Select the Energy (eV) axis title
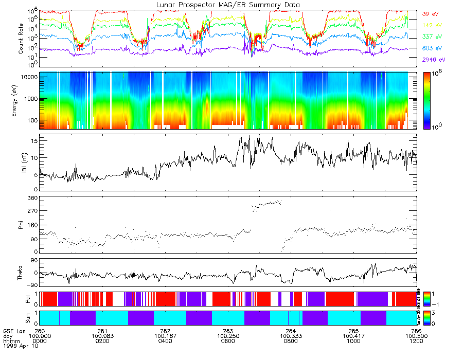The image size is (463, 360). click(x=21, y=100)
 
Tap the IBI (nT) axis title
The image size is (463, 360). click(x=21, y=161)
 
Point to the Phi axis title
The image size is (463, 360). click(x=21, y=224)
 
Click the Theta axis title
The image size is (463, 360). click(x=21, y=273)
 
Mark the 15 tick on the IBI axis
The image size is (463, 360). click(x=33, y=140)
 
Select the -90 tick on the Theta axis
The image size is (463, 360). click(x=31, y=284)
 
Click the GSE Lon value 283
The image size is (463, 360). click(x=228, y=331)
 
